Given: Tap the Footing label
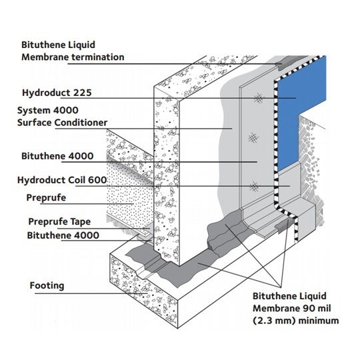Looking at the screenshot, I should click(47, 286).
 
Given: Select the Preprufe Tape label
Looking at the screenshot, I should click(59, 222).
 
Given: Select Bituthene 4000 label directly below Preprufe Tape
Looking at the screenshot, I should click(63, 235).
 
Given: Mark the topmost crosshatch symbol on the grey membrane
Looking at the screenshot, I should click(256, 97).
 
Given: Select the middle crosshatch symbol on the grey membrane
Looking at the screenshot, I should click(251, 139).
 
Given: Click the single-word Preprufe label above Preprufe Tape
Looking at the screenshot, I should click(47, 198).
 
